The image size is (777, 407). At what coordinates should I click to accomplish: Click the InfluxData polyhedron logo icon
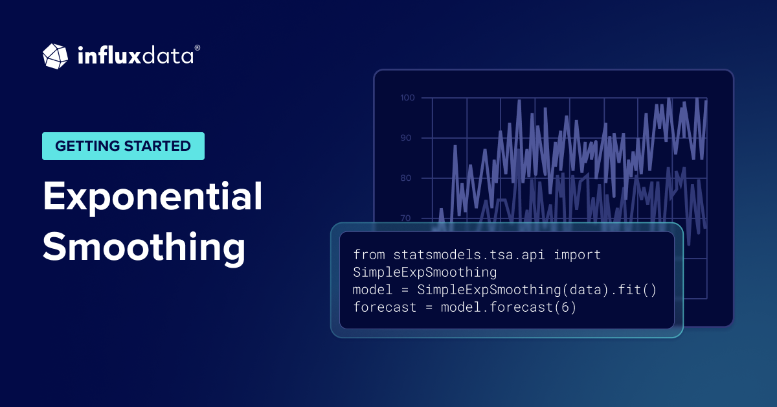(55, 56)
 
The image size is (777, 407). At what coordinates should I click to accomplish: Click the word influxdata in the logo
(135, 56)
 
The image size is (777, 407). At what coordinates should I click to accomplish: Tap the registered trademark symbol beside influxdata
(197, 48)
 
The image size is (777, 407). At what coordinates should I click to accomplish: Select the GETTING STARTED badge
(123, 146)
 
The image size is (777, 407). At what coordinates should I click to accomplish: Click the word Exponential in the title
(152, 197)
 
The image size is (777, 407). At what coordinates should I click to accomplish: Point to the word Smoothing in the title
(144, 248)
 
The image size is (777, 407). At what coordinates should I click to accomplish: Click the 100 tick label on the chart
(407, 98)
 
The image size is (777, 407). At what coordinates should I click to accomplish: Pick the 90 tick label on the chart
(406, 138)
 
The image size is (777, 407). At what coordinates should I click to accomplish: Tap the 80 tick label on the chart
(406, 178)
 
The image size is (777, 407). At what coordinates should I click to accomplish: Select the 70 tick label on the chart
(406, 218)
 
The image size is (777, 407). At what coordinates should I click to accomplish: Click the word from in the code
(369, 255)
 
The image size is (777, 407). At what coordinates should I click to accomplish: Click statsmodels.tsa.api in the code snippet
(469, 255)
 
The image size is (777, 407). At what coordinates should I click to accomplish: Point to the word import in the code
(577, 255)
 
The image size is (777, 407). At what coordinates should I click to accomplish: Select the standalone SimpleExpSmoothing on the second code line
(425, 272)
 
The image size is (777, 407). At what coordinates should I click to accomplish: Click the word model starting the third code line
(372, 290)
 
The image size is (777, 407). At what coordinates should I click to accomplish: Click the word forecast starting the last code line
(385, 307)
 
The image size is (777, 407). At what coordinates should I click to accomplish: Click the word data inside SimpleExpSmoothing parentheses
(585, 290)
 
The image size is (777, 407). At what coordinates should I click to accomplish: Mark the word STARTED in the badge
(157, 146)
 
